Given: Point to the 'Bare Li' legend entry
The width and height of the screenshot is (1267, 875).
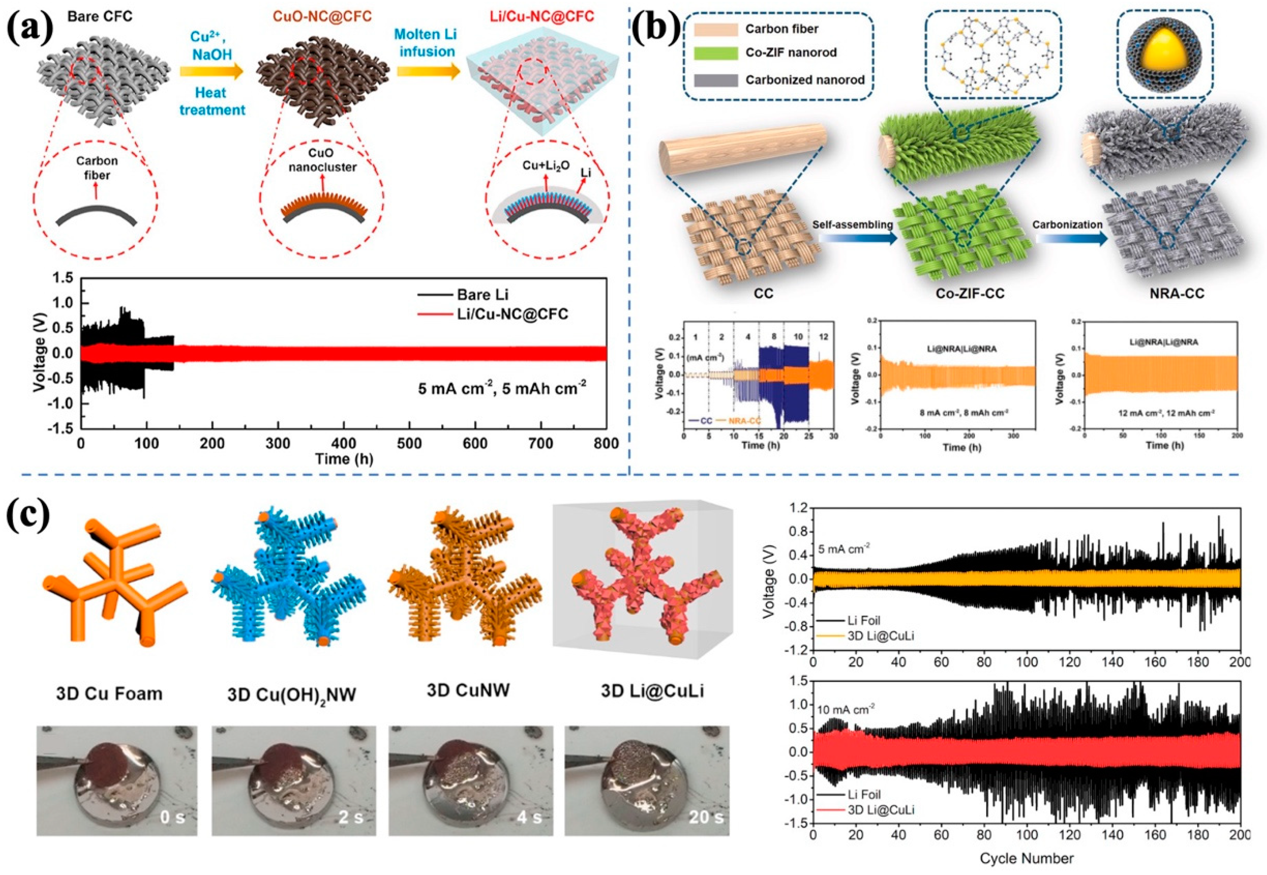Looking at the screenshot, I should pos(482,295).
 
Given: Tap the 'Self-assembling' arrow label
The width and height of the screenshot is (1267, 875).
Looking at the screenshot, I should pos(852,225).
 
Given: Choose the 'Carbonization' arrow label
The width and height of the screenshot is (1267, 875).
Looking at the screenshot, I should pos(1060,225).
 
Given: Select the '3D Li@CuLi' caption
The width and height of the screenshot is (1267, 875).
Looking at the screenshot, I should pos(652,691).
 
